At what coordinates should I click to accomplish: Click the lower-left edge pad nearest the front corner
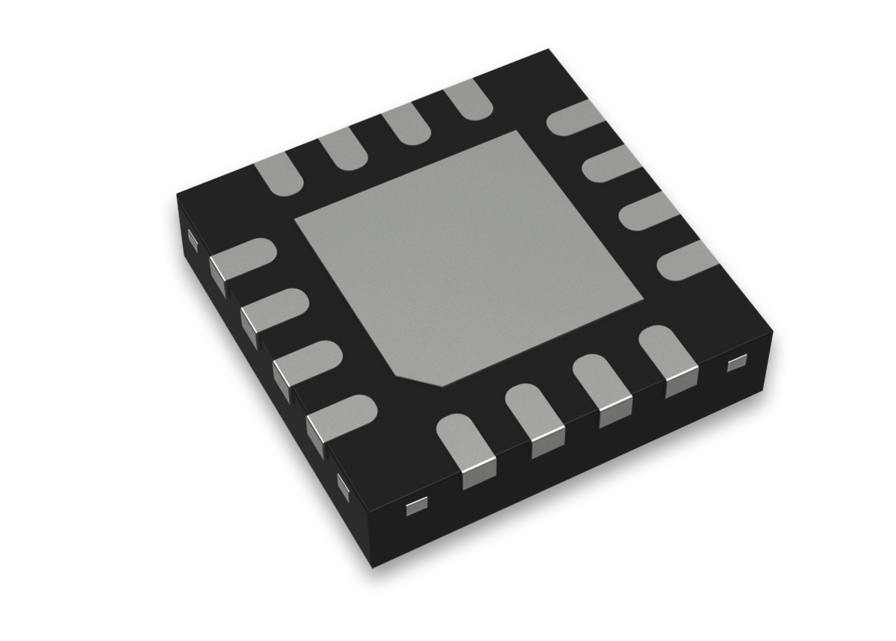click(x=340, y=416)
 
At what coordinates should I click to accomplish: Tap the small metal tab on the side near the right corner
click(x=736, y=363)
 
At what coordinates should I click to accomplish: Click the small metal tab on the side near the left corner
click(x=192, y=239)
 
